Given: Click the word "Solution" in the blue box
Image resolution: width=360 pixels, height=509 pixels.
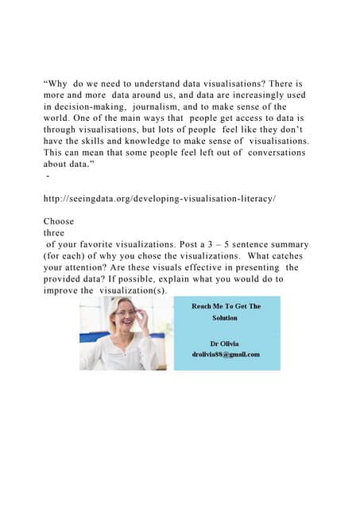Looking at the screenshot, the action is tap(226, 318).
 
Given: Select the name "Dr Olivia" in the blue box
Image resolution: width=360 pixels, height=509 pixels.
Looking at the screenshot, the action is tap(226, 343).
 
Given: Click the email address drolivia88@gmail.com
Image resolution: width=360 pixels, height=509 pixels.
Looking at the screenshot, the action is tap(226, 355).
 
